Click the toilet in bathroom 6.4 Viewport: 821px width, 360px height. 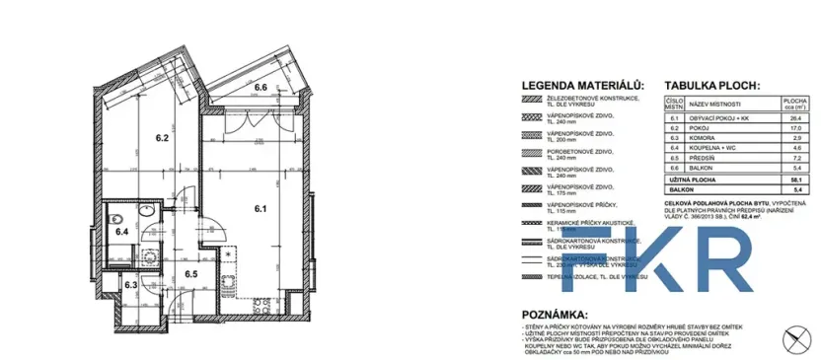115,218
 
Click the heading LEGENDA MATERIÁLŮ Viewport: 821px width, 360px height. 582,86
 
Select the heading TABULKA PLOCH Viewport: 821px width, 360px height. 712,86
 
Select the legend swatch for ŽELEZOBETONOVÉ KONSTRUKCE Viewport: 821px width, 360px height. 534,100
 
